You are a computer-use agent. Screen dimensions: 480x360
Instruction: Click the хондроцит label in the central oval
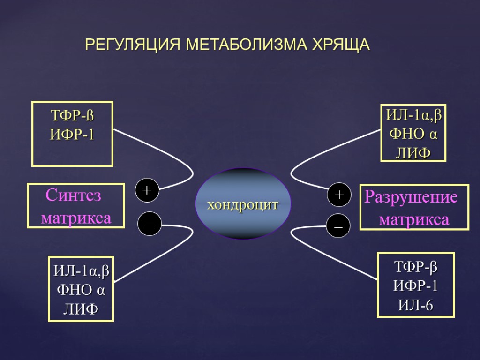[x=243, y=205]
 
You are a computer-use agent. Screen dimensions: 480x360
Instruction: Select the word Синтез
[x=73, y=196]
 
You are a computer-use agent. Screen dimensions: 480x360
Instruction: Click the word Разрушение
[x=411, y=197]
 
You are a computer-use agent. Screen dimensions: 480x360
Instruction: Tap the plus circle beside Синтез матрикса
[x=147, y=190]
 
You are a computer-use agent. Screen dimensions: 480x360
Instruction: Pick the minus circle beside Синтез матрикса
[x=149, y=225]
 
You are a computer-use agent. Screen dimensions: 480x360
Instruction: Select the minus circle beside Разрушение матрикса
[x=338, y=226]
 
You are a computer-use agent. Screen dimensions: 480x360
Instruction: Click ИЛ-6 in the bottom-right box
[x=415, y=306]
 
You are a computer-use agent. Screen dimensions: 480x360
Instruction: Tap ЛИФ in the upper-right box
[x=413, y=152]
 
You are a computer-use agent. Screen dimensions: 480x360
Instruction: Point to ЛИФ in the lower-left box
[x=81, y=309]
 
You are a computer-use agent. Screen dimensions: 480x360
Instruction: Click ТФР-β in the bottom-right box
[x=415, y=268]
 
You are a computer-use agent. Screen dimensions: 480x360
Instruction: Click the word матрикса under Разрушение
[x=414, y=219]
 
